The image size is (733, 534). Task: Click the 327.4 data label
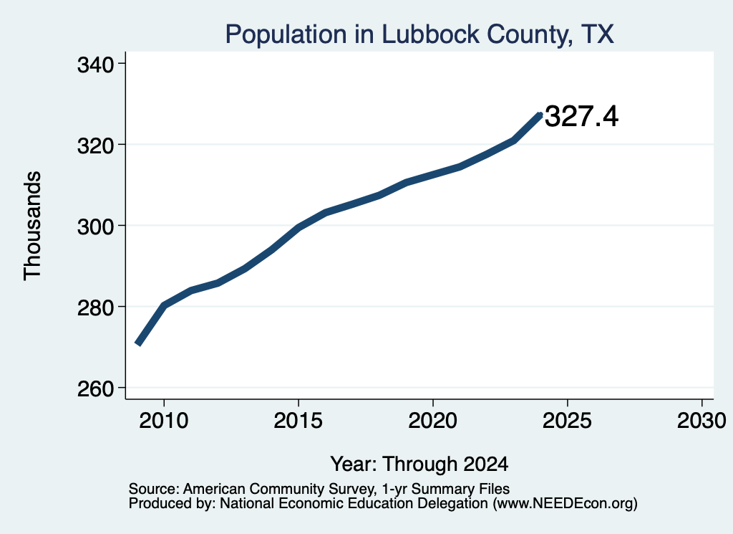581,117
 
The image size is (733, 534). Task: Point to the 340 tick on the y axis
95,65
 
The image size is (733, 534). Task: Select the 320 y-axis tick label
95,146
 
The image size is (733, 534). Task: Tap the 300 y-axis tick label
95,227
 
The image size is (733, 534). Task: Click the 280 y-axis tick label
95,308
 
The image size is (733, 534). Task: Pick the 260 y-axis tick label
95,389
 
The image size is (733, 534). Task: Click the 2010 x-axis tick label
164,421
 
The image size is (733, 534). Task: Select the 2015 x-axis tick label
298,421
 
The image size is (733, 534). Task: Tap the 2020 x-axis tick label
433,421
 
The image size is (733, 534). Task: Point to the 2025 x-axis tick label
567,421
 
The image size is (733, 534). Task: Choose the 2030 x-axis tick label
702,421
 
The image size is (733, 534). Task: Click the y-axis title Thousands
33,226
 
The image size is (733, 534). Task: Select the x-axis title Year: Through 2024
419,464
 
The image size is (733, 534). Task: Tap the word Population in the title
286,35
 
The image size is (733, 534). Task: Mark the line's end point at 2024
540,115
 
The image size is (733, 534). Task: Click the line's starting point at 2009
138,343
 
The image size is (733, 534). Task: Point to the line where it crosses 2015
298,227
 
